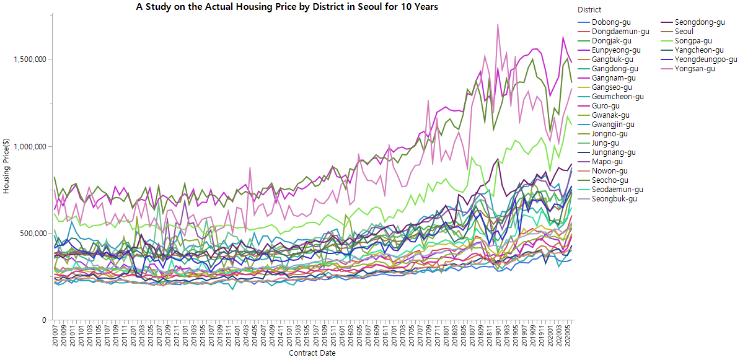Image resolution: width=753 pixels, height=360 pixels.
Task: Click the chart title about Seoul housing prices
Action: pyautogui.click(x=287, y=7)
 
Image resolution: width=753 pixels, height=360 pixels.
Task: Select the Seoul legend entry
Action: pyautogui.click(x=684, y=32)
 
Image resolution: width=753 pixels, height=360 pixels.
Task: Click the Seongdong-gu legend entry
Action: pyautogui.click(x=697, y=22)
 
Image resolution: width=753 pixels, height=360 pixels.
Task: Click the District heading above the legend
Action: pyautogui.click(x=589, y=10)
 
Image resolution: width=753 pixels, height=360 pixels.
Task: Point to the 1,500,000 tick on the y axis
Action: pyautogui.click(x=31, y=59)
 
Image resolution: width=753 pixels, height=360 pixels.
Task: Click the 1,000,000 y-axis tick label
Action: pyautogui.click(x=31, y=147)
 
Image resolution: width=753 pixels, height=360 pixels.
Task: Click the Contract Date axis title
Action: pyautogui.click(x=312, y=353)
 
